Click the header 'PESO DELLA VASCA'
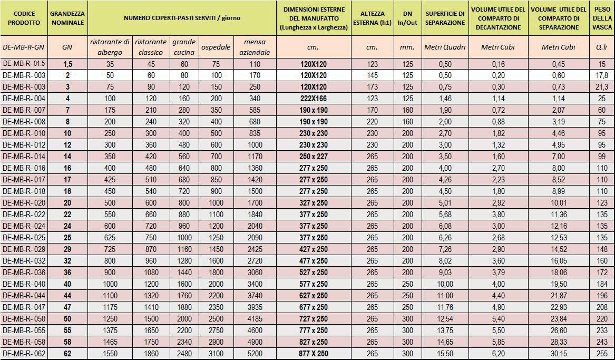(x=602, y=18)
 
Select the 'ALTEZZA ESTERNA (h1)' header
(x=372, y=18)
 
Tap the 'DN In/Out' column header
(x=407, y=18)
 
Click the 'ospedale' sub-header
(x=216, y=47)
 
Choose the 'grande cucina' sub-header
(x=184, y=47)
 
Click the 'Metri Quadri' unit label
(x=445, y=47)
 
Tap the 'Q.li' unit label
(x=602, y=47)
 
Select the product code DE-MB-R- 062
(x=24, y=354)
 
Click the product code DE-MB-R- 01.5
(x=24, y=64)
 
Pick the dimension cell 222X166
(x=313, y=99)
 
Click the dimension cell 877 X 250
(x=313, y=354)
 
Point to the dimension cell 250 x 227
(x=313, y=157)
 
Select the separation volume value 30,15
(x=559, y=354)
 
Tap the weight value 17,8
(x=602, y=75)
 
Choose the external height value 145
(x=372, y=75)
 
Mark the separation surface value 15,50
(x=445, y=354)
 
